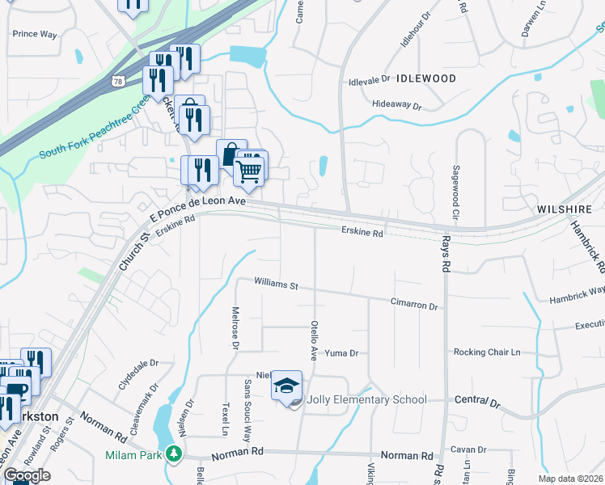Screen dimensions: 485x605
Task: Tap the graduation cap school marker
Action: pos(286,386)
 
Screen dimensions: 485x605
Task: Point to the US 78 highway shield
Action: pos(119,82)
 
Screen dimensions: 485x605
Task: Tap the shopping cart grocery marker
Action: pos(249,171)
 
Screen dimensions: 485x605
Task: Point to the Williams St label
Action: pos(276,285)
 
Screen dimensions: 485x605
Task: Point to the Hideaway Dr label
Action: pos(397,106)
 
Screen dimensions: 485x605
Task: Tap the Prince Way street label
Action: pos(35,34)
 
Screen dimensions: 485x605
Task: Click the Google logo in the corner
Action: pos(27,475)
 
